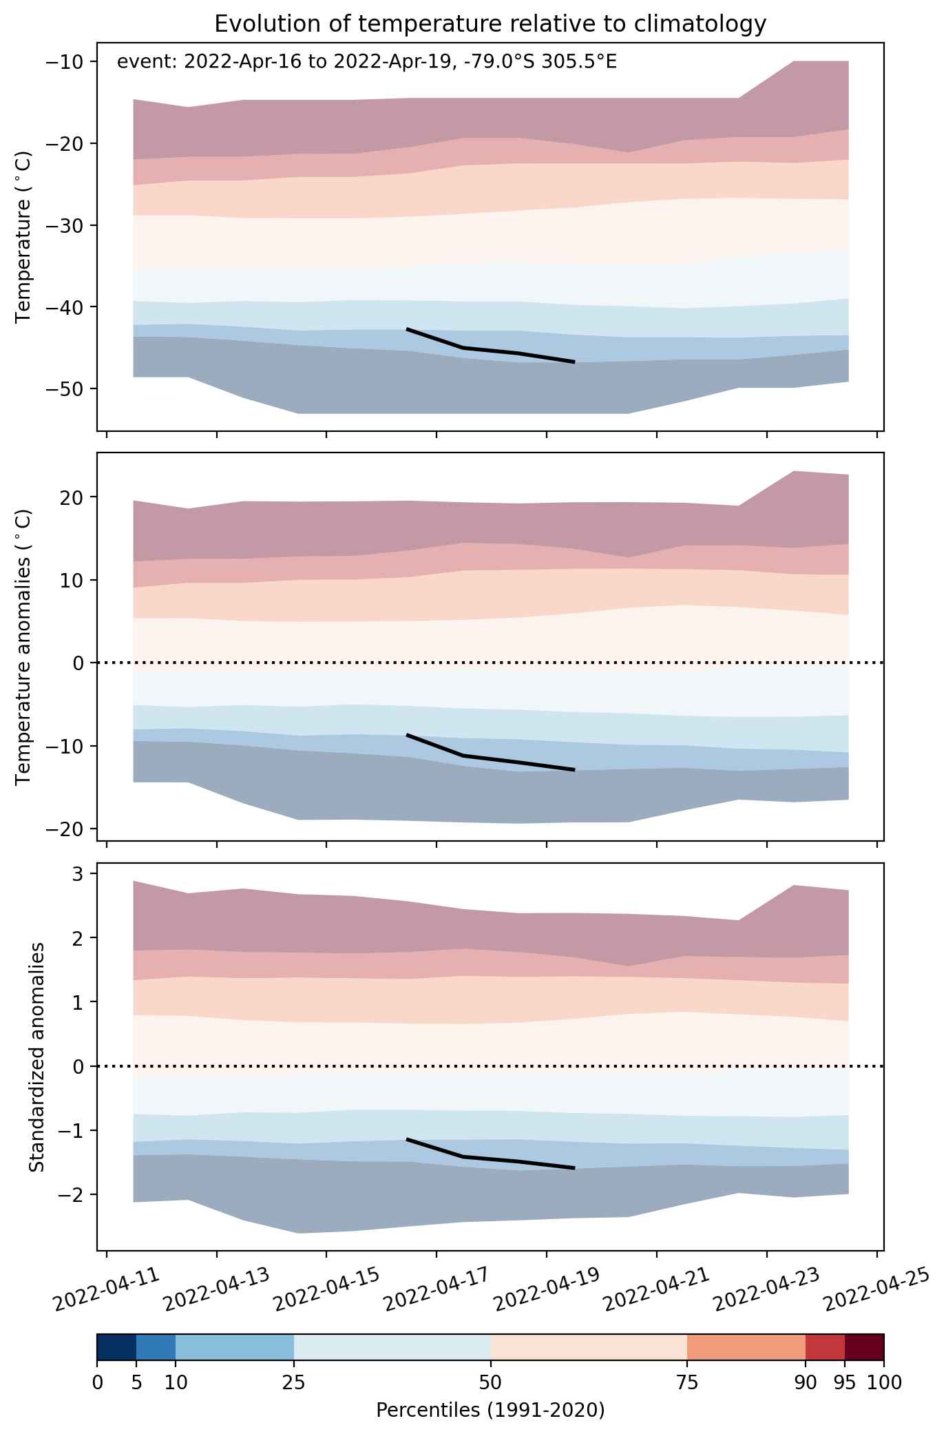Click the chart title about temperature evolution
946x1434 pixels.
(490, 24)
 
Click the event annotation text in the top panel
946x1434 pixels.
(367, 63)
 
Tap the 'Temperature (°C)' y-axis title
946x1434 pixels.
(23, 238)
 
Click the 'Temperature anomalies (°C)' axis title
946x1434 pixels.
(23, 647)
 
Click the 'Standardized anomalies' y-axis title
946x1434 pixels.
(36, 1057)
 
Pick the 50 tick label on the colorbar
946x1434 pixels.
(490, 1382)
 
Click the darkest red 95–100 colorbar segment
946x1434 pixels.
(864, 1347)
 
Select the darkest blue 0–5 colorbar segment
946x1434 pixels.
(116, 1347)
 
